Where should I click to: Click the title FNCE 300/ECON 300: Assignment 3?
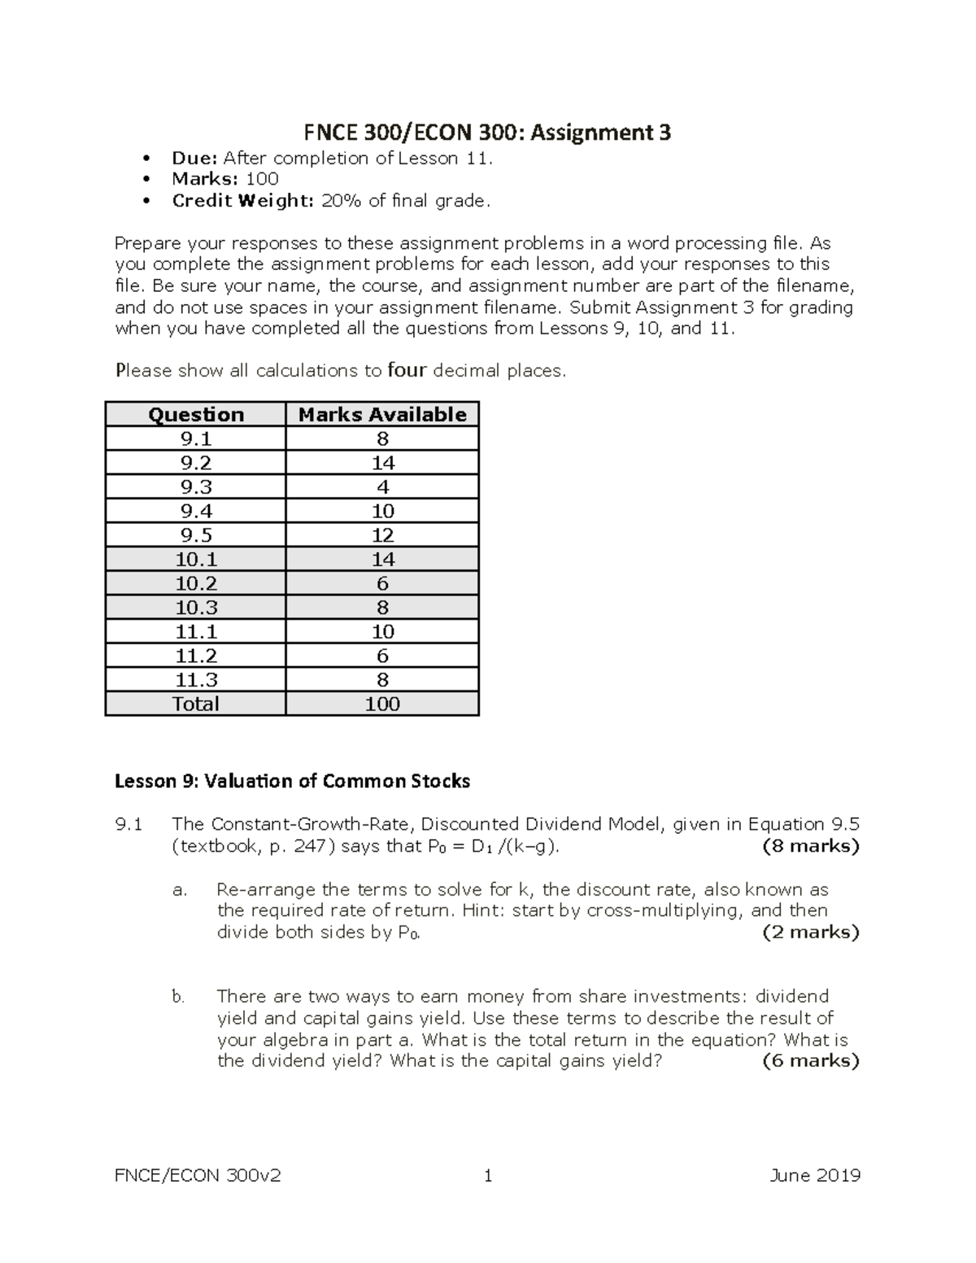tap(487, 132)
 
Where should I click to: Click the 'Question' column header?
tap(196, 414)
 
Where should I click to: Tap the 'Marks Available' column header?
tap(382, 414)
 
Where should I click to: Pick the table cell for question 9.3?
tap(196, 486)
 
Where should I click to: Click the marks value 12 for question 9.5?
tap(382, 535)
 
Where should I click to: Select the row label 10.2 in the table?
tap(196, 583)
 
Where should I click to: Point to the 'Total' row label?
tap(196, 703)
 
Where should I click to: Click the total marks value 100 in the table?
tap(382, 703)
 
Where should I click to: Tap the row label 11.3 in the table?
tap(196, 680)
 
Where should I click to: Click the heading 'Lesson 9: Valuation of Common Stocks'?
tap(292, 782)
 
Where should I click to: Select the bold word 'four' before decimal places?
tap(407, 371)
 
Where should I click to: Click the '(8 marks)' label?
tap(810, 847)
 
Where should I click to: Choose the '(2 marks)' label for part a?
tap(810, 932)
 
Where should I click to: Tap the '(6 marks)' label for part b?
tap(810, 1060)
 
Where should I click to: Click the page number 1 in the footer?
tap(488, 1175)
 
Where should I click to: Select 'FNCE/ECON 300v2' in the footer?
tap(198, 1175)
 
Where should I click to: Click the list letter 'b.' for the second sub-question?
tap(179, 997)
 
